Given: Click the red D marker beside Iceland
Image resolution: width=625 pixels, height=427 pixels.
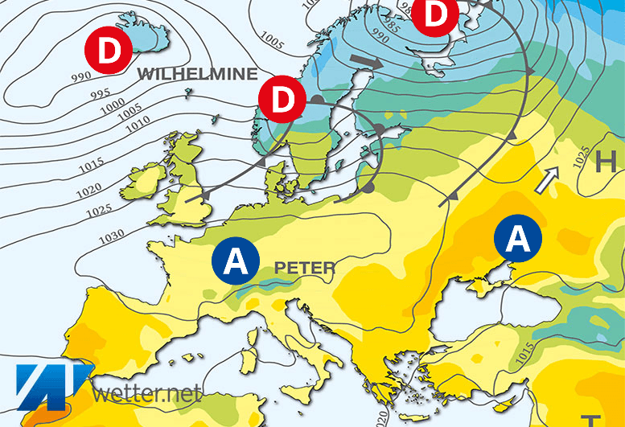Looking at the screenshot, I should tap(108, 50).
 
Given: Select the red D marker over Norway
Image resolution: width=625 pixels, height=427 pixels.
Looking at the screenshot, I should tap(282, 100).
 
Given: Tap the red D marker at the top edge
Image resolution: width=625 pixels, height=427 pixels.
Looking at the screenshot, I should tap(435, 14).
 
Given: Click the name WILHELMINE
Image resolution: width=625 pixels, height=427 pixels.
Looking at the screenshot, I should tap(198, 74).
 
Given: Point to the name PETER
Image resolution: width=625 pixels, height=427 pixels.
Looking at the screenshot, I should tap(304, 267).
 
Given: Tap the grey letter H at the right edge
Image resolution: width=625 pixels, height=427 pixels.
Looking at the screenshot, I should tap(606, 162).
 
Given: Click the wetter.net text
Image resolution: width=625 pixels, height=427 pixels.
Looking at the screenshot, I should tap(146, 394).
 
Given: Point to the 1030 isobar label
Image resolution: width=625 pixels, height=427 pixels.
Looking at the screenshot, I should tap(112, 235).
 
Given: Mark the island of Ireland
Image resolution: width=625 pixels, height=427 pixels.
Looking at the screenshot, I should tap(144, 183).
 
